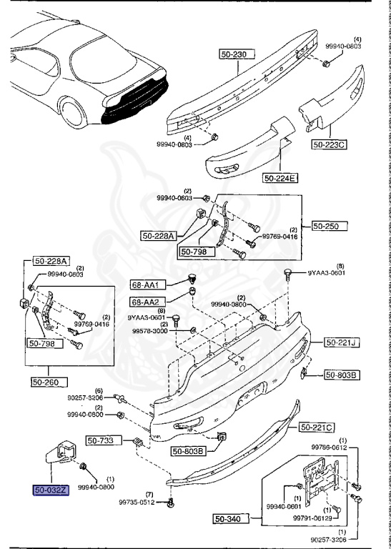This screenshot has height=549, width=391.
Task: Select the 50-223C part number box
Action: tap(329, 144)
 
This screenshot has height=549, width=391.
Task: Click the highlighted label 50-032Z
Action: tap(50, 491)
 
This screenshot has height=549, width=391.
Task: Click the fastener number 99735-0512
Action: tap(137, 503)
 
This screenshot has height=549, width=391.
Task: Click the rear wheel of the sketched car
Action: tap(77, 115)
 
